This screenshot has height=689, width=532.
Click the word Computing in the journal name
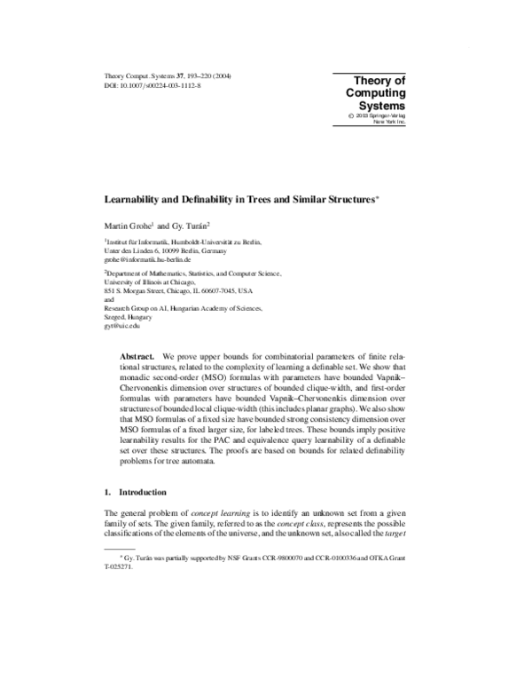coord(374,93)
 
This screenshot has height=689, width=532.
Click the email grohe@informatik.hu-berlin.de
coord(150,261)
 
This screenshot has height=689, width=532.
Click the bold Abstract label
coord(137,354)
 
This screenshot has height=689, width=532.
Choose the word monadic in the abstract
coord(143,377)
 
